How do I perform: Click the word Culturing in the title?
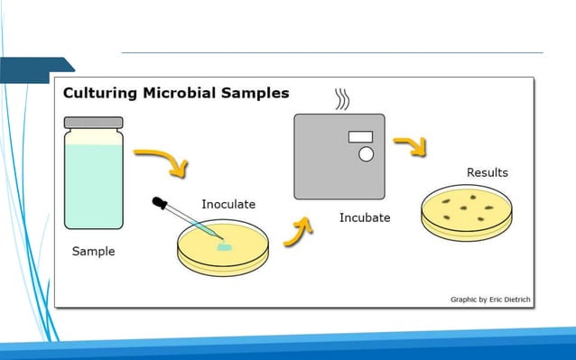click(x=97, y=93)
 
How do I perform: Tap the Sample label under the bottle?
click(x=93, y=251)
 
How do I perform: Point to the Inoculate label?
click(x=228, y=204)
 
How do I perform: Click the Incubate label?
click(x=365, y=217)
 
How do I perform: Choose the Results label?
click(x=487, y=172)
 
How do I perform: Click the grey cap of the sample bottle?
click(x=93, y=121)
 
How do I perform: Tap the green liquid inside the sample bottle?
click(x=93, y=185)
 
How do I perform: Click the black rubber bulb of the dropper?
click(x=160, y=204)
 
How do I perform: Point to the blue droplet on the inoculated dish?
click(x=223, y=245)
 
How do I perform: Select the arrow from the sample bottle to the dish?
click(x=165, y=162)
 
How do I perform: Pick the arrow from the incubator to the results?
click(x=411, y=146)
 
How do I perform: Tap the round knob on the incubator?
click(x=366, y=154)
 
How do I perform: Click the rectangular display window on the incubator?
click(x=360, y=136)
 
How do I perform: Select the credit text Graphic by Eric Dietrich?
click(x=488, y=299)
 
